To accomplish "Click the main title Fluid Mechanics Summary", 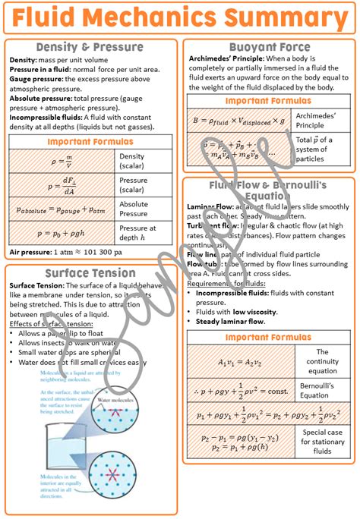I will point(179,17).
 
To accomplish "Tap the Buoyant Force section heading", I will point(269,47).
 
